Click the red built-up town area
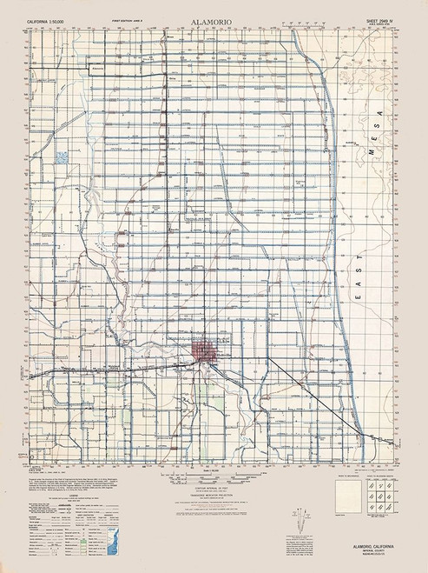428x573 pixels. pos(207,354)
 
